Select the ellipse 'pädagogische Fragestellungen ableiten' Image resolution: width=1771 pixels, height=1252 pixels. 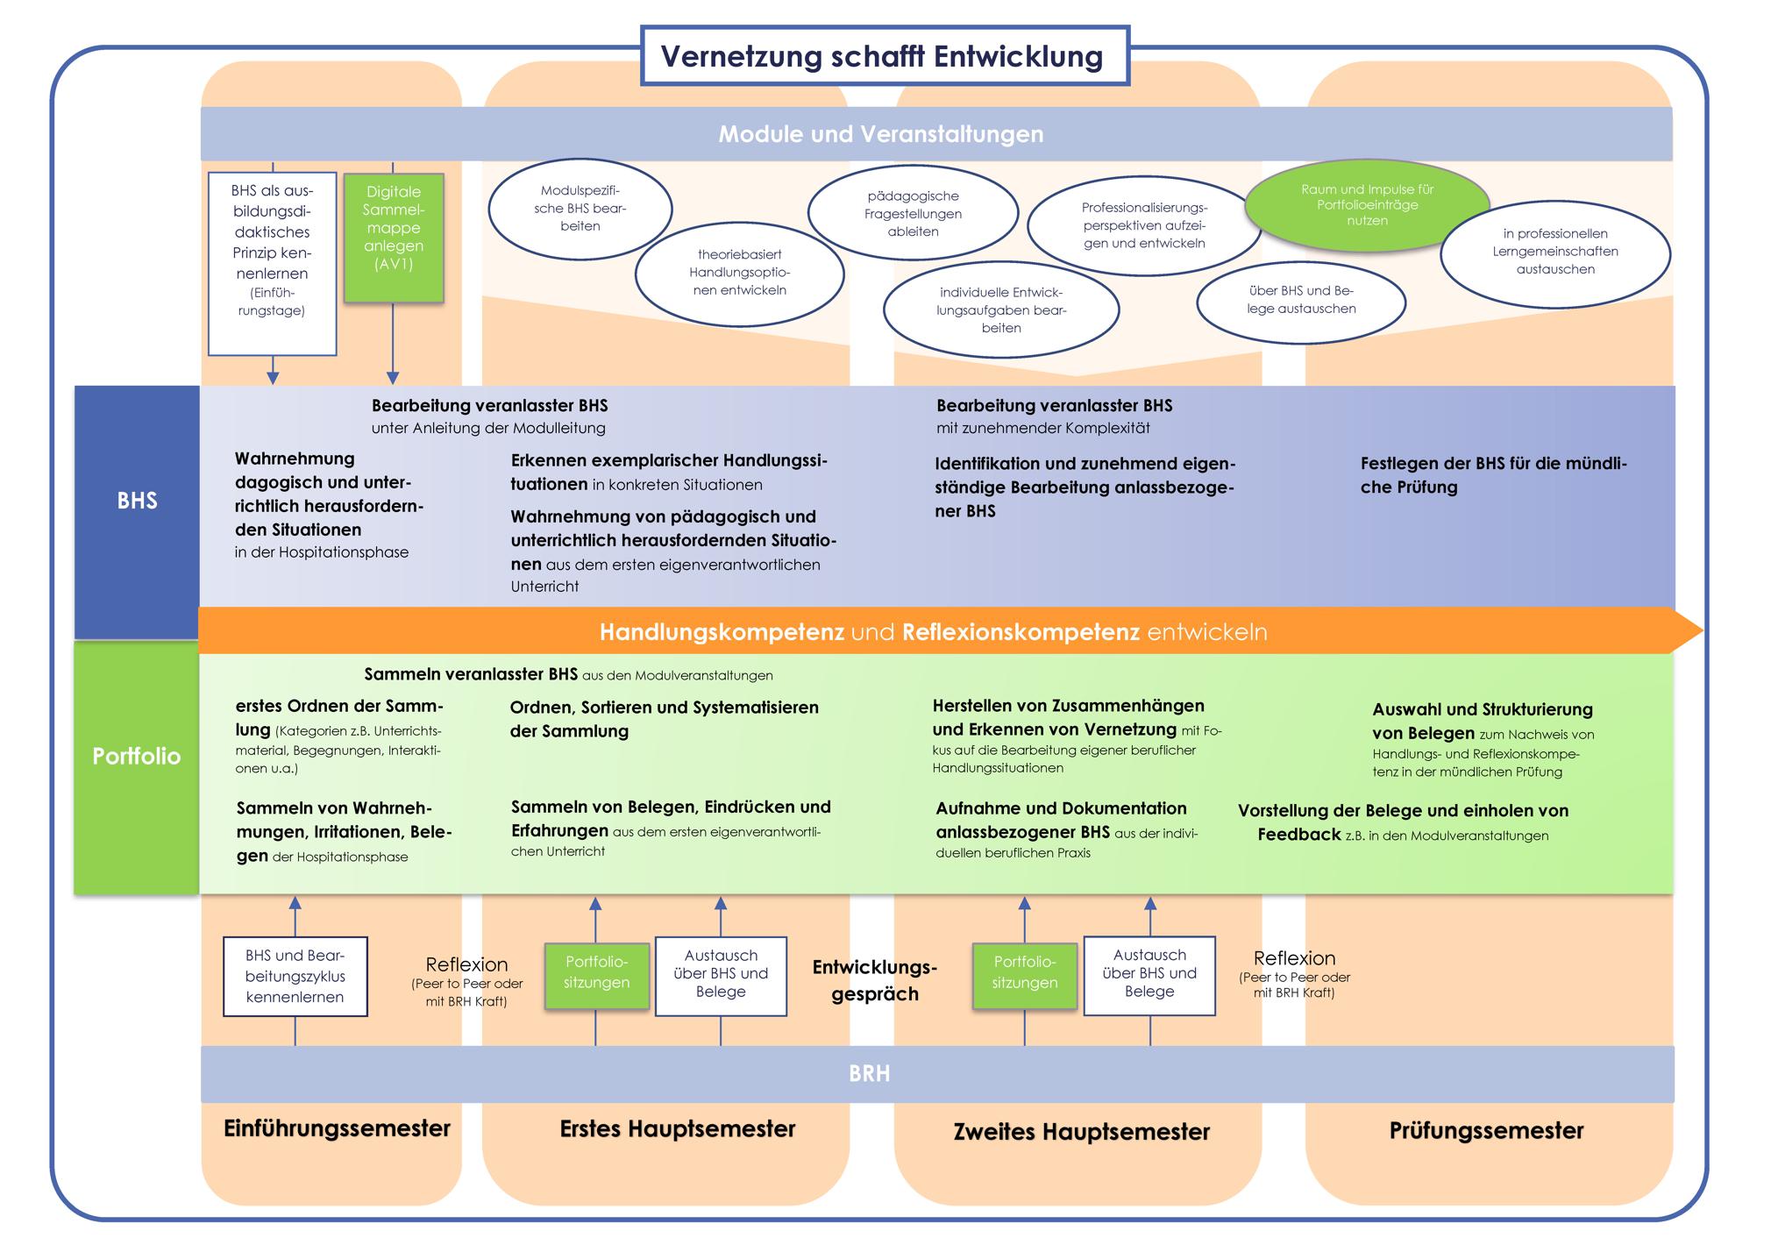[x=913, y=214]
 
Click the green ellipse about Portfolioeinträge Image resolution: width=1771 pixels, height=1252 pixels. [x=1366, y=205]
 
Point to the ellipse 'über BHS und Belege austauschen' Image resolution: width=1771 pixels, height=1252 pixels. [x=1301, y=301]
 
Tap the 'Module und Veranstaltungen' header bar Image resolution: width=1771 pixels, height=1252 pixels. [x=881, y=134]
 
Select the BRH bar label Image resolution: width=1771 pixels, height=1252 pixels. [x=870, y=1073]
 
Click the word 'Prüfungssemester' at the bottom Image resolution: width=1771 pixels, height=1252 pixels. [x=1486, y=1130]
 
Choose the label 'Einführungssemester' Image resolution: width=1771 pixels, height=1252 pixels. [x=337, y=1128]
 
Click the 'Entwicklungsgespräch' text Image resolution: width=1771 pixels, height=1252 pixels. [x=875, y=980]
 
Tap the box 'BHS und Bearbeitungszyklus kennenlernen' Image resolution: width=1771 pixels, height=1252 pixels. [x=295, y=977]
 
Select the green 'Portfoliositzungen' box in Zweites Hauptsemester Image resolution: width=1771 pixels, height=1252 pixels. [x=1024, y=972]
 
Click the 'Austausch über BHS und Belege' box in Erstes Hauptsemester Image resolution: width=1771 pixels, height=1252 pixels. [x=721, y=975]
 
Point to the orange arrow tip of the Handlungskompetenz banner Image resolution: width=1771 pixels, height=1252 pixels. [x=1690, y=630]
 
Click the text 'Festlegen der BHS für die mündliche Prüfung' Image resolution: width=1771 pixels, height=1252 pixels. [x=1492, y=475]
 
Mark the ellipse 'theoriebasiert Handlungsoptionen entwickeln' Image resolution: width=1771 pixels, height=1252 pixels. [x=739, y=273]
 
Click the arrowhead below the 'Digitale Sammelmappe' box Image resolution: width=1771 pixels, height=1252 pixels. [x=393, y=378]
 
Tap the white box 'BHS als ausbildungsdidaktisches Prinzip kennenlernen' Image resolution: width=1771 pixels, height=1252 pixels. [x=272, y=263]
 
